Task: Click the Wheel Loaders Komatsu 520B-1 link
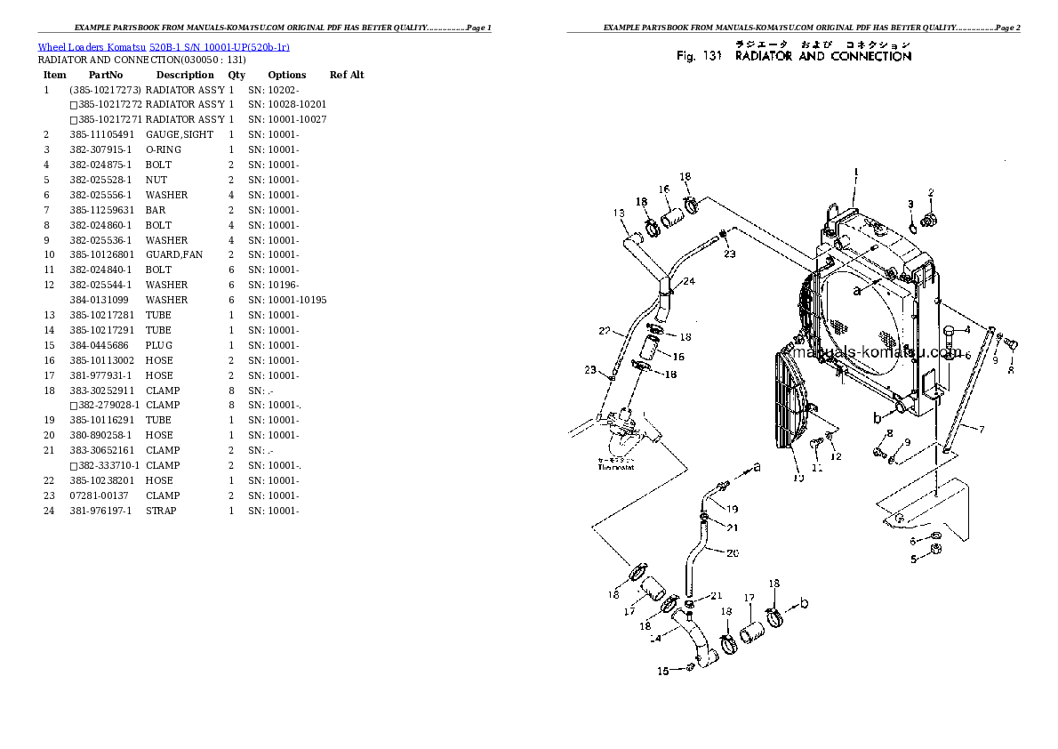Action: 163,46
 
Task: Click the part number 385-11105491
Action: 103,134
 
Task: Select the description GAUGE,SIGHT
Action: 180,134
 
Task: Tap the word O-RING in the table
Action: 164,149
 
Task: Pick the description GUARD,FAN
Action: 174,254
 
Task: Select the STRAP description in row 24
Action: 161,511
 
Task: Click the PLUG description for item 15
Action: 159,345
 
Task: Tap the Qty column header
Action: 236,75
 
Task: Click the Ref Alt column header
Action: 347,75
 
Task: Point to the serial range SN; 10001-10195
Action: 287,300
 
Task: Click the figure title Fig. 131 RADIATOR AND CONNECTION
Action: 794,56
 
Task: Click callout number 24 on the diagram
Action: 689,281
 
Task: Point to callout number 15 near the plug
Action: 662,672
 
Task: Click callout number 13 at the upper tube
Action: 619,213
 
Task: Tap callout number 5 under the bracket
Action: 912,560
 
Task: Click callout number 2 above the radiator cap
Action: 931,192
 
